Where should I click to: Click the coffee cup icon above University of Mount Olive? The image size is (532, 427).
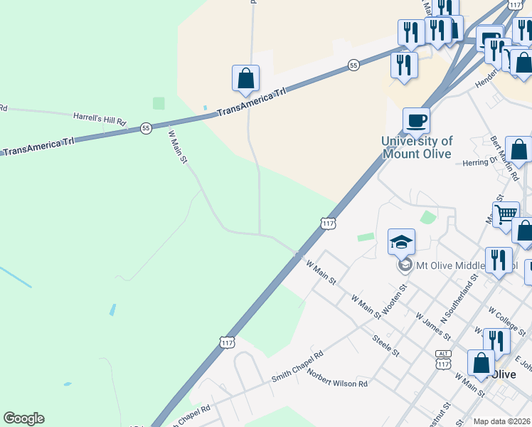(x=416, y=120)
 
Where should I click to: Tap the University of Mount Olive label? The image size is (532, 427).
(x=417, y=147)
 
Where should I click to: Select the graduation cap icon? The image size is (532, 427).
(x=401, y=242)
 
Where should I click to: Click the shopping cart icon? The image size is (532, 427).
(x=506, y=213)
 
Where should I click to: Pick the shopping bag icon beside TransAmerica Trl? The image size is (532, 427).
(x=245, y=78)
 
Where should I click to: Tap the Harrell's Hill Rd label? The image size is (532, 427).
(x=100, y=119)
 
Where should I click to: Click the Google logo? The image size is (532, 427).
(x=23, y=418)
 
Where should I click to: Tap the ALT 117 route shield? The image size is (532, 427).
(x=444, y=359)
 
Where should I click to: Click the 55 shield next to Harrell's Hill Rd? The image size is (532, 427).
(x=146, y=128)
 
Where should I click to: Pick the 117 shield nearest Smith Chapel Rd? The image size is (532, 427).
(x=227, y=342)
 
